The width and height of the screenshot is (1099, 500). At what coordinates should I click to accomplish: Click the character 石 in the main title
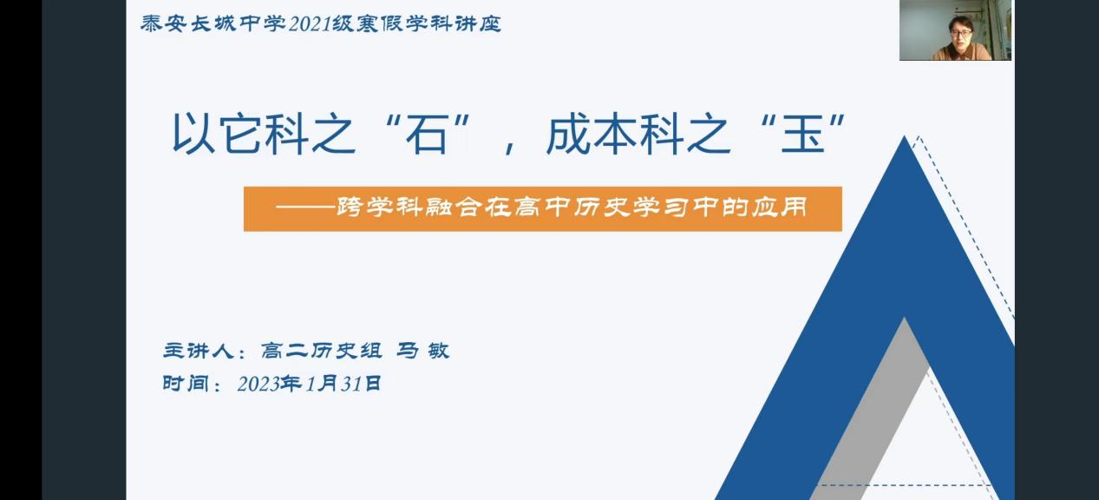click(x=427, y=134)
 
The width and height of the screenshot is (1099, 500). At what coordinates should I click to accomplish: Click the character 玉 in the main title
click(x=802, y=134)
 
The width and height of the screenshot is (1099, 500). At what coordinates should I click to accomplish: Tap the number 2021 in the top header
click(x=310, y=24)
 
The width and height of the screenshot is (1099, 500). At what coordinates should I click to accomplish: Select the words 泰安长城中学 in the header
click(x=213, y=23)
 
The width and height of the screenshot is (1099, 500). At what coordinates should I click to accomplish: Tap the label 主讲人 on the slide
click(x=199, y=351)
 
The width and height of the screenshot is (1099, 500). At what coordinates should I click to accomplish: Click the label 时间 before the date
click(x=186, y=384)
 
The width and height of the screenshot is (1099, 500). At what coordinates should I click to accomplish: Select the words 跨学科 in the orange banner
click(x=379, y=207)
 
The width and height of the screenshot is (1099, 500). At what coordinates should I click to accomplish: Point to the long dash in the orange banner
click(x=305, y=207)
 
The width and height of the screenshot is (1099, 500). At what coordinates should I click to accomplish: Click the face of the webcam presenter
click(x=960, y=33)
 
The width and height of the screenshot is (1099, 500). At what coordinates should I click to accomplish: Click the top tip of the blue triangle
click(x=904, y=136)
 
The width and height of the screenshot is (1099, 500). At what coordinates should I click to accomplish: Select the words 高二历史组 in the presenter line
click(x=321, y=351)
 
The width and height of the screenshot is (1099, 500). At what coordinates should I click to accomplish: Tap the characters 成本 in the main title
click(x=592, y=134)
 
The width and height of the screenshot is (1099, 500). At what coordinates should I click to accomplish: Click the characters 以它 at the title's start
click(x=218, y=134)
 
